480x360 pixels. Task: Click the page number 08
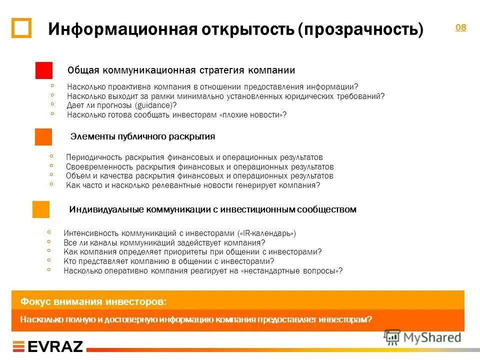460,27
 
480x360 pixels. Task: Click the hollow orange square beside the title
21,28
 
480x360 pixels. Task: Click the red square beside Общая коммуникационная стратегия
44,70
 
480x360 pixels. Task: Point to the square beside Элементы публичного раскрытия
43,136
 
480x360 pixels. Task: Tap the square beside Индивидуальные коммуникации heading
41,209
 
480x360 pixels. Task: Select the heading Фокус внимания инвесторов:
94,302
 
